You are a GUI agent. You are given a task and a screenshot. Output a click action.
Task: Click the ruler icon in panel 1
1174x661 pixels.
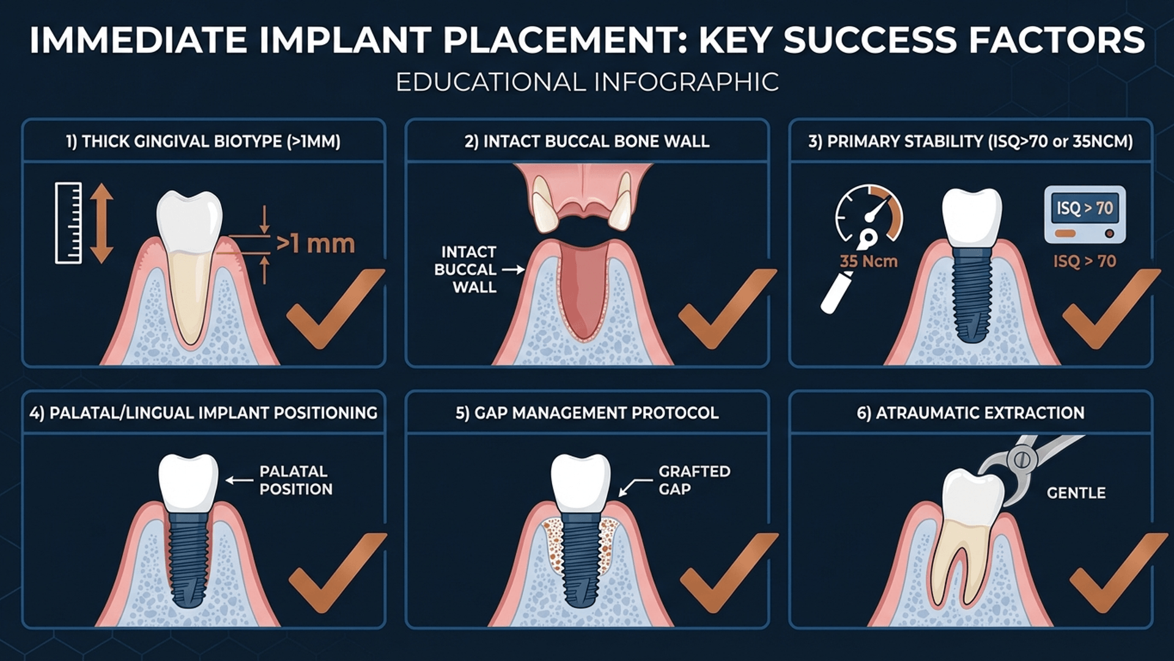[x=68, y=223]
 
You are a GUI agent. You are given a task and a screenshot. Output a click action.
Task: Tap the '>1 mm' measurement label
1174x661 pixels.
[x=316, y=244]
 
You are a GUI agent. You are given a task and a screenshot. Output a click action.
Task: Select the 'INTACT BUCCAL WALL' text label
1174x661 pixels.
[x=468, y=269]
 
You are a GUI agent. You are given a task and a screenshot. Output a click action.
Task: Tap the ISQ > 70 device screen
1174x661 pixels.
[x=1085, y=209]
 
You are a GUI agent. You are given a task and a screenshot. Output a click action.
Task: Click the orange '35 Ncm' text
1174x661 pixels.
[x=868, y=261]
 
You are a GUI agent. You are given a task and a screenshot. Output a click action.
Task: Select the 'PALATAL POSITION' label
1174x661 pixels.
[x=296, y=480]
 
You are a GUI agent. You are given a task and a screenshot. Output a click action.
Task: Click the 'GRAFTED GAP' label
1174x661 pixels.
[x=694, y=480]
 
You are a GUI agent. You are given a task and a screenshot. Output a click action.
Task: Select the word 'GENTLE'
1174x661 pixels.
[x=1076, y=493]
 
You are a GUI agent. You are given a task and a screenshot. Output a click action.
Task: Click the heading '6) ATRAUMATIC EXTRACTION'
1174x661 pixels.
[x=970, y=413]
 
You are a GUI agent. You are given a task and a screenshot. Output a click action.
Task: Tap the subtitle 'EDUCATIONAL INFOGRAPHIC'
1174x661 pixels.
[x=587, y=82]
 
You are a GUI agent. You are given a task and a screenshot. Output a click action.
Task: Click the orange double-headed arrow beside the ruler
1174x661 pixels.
[x=102, y=223]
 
